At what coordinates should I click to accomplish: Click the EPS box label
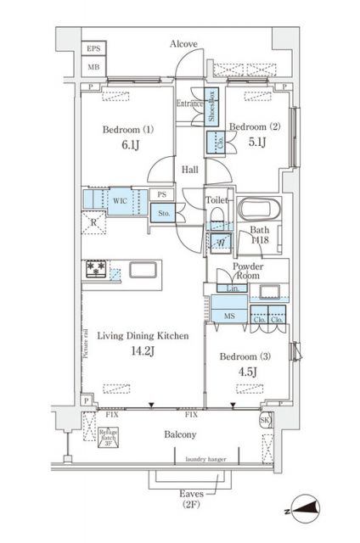(93, 50)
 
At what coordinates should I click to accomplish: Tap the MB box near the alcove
(93, 66)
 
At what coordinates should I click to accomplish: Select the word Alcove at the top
(183, 43)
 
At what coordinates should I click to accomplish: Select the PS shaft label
(160, 194)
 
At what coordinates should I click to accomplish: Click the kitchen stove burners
(94, 271)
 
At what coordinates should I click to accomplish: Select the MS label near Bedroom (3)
(229, 316)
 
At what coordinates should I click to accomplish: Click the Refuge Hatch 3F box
(108, 439)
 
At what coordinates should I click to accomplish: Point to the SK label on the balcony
(264, 421)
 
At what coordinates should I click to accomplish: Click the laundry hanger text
(201, 461)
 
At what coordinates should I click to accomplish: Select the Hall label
(190, 171)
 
